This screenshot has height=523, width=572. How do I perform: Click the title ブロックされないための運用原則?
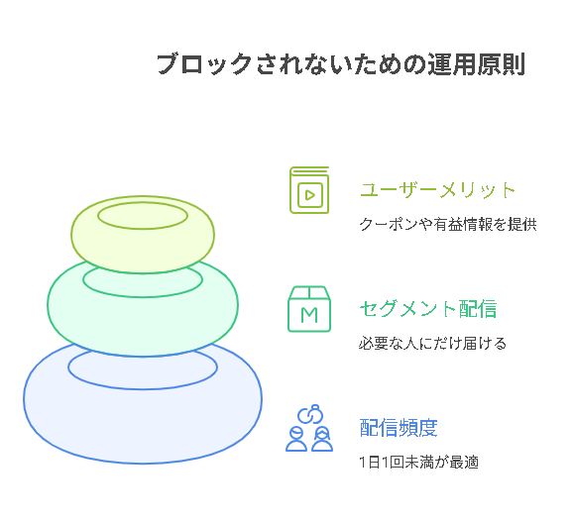pyautogui.click(x=341, y=64)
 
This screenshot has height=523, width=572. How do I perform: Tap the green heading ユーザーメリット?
pyautogui.click(x=437, y=190)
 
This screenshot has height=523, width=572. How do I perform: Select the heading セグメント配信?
pyautogui.click(x=428, y=309)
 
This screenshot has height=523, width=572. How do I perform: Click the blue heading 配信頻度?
pyautogui.click(x=399, y=428)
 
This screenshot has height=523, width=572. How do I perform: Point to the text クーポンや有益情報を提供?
pyautogui.click(x=448, y=224)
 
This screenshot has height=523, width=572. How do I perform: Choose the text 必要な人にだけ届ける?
pyautogui.click(x=432, y=344)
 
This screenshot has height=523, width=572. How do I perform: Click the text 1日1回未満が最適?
pyautogui.click(x=418, y=463)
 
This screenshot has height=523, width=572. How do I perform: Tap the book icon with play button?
pyautogui.click(x=309, y=190)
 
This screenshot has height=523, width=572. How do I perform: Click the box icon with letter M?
pyautogui.click(x=309, y=309)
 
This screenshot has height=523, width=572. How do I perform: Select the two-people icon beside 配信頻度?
pyautogui.click(x=309, y=428)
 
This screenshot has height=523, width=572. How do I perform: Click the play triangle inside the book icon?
pyautogui.click(x=310, y=195)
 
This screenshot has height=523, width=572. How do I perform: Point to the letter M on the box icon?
pyautogui.click(x=309, y=315)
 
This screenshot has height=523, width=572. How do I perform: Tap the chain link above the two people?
pyautogui.click(x=310, y=414)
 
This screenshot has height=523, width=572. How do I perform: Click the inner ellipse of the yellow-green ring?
pyautogui.click(x=143, y=203)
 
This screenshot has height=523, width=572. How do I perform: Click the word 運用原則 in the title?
pyautogui.click(x=477, y=64)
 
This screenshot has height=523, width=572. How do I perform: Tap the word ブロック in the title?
pyautogui.click(x=204, y=64)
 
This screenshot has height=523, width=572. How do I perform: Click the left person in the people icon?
pyautogui.click(x=296, y=439)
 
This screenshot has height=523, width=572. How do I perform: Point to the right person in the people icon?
pyautogui.click(x=322, y=439)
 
